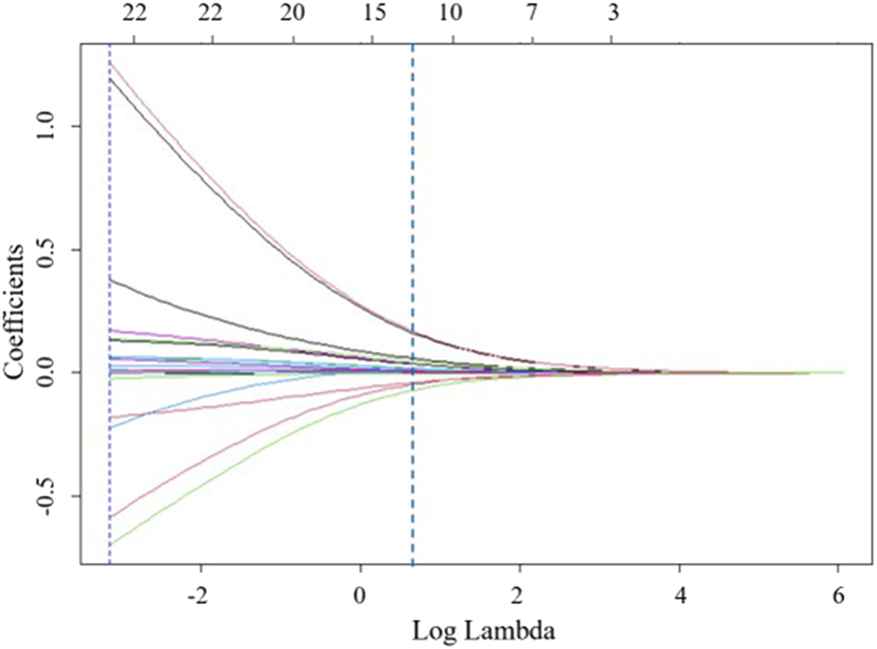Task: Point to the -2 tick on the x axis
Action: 200,598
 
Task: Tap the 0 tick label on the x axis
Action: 359,598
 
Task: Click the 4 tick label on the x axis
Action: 679,598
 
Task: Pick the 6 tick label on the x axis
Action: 838,598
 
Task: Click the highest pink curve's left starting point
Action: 111,61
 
